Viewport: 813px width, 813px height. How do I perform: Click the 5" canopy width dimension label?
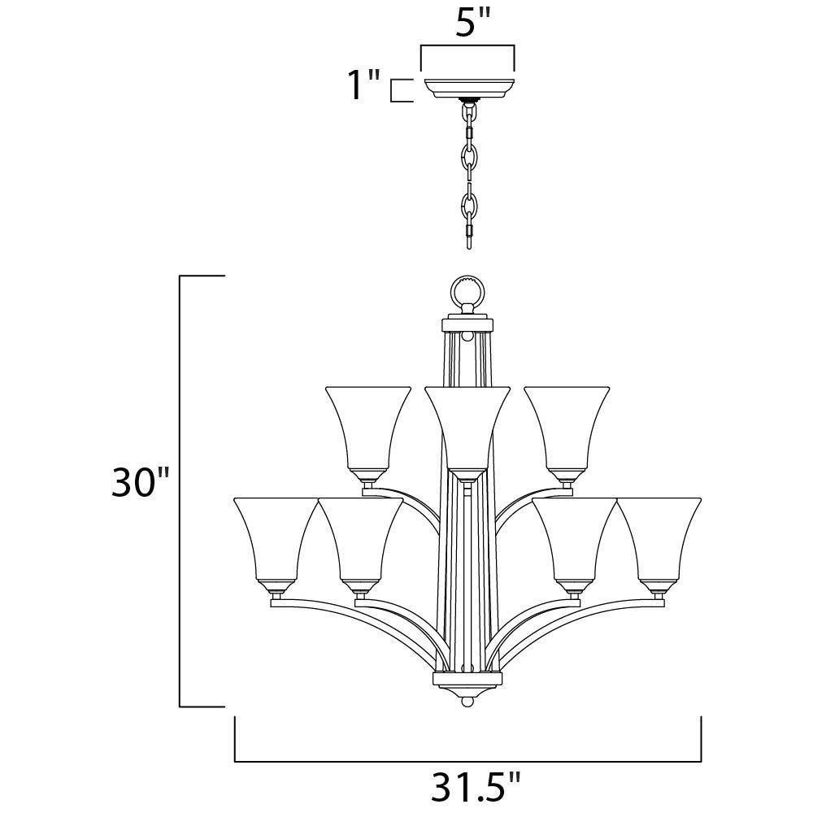472,23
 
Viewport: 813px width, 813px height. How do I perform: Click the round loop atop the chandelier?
467,293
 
